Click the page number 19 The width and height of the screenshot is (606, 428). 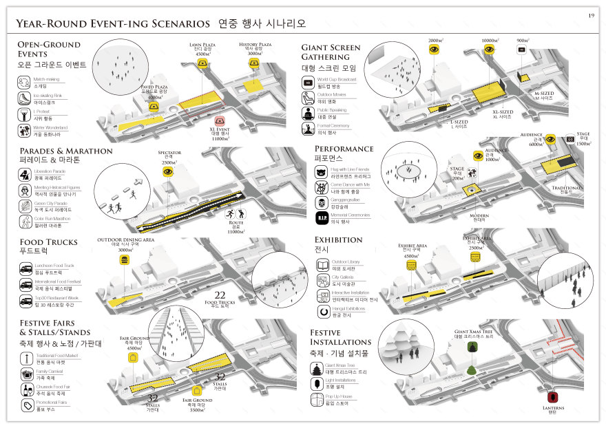[590, 15]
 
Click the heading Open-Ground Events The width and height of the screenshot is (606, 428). [48, 49]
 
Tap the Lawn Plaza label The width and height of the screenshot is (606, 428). [202, 46]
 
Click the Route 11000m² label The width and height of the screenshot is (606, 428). [235, 226]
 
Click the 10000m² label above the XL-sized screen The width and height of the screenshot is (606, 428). [491, 41]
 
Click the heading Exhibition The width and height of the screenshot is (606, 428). [338, 240]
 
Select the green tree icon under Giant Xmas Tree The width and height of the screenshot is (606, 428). [472, 370]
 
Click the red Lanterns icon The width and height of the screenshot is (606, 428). [552, 397]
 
